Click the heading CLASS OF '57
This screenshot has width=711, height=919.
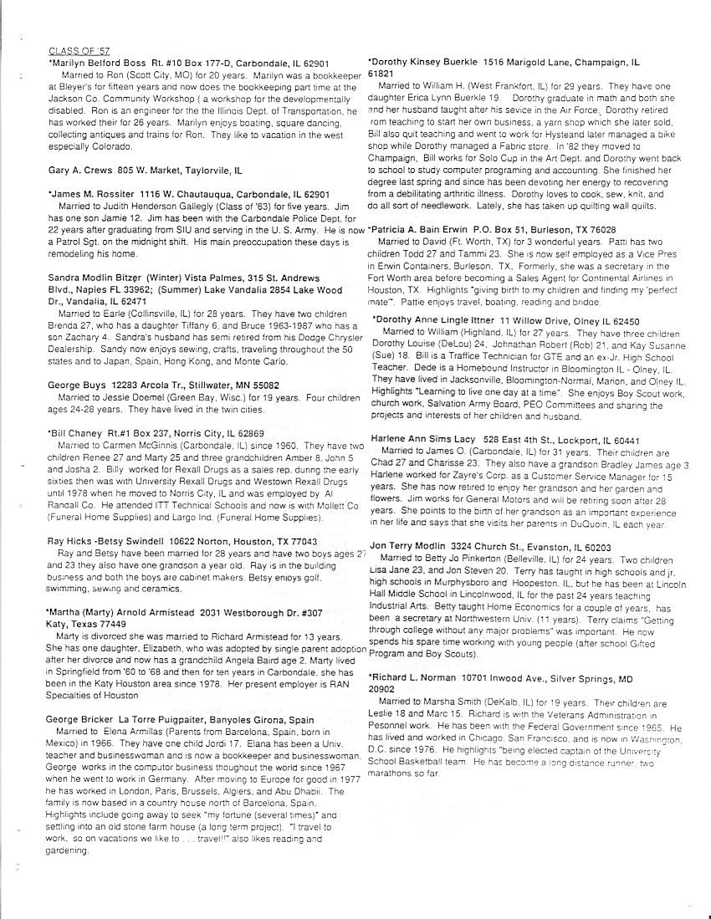pyautogui.click(x=74, y=52)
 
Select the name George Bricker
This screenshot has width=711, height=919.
pyautogui.click(x=82, y=719)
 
